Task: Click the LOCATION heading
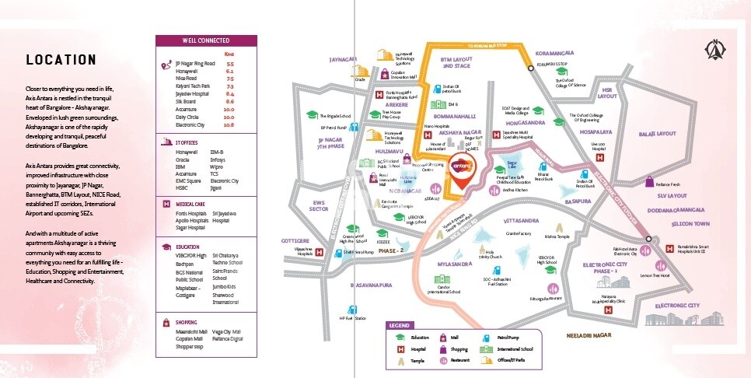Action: pyautogui.click(x=61, y=60)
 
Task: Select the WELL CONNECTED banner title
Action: pyautogui.click(x=205, y=40)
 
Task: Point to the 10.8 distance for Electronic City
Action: pyautogui.click(x=229, y=124)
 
